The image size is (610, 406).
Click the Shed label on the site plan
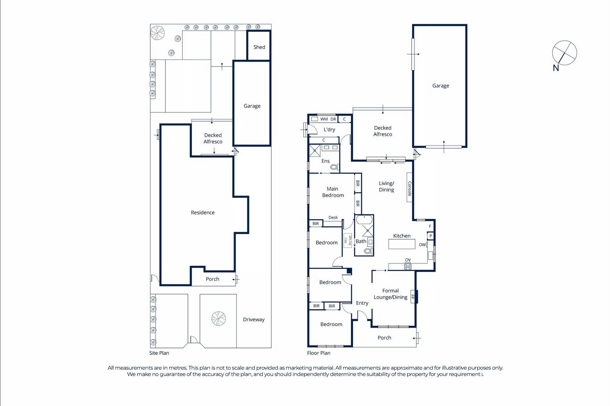click(x=259, y=47)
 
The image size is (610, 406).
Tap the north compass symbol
click(x=564, y=53)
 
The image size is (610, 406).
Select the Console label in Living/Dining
click(x=409, y=188)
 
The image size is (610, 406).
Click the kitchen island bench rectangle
click(x=402, y=244)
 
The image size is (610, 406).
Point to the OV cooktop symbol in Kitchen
click(x=408, y=267)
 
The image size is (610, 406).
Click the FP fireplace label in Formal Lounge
click(x=413, y=297)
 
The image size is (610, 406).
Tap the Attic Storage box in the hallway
click(x=348, y=240)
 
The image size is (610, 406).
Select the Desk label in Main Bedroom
click(x=333, y=218)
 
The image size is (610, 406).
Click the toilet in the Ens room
click(x=334, y=167)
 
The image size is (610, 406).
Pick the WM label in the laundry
click(x=324, y=119)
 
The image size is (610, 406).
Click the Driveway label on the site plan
click(x=253, y=319)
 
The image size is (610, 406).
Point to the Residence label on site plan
click(x=203, y=212)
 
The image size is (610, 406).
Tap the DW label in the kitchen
click(x=422, y=245)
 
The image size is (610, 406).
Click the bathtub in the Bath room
click(x=364, y=220)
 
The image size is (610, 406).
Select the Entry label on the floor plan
click(x=362, y=303)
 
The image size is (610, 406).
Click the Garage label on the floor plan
click(x=441, y=86)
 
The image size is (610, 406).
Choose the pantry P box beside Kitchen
click(x=430, y=236)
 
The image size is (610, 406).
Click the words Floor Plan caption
click(x=319, y=353)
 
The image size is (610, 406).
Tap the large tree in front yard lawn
click(x=219, y=319)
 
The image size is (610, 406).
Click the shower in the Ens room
click(x=315, y=151)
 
